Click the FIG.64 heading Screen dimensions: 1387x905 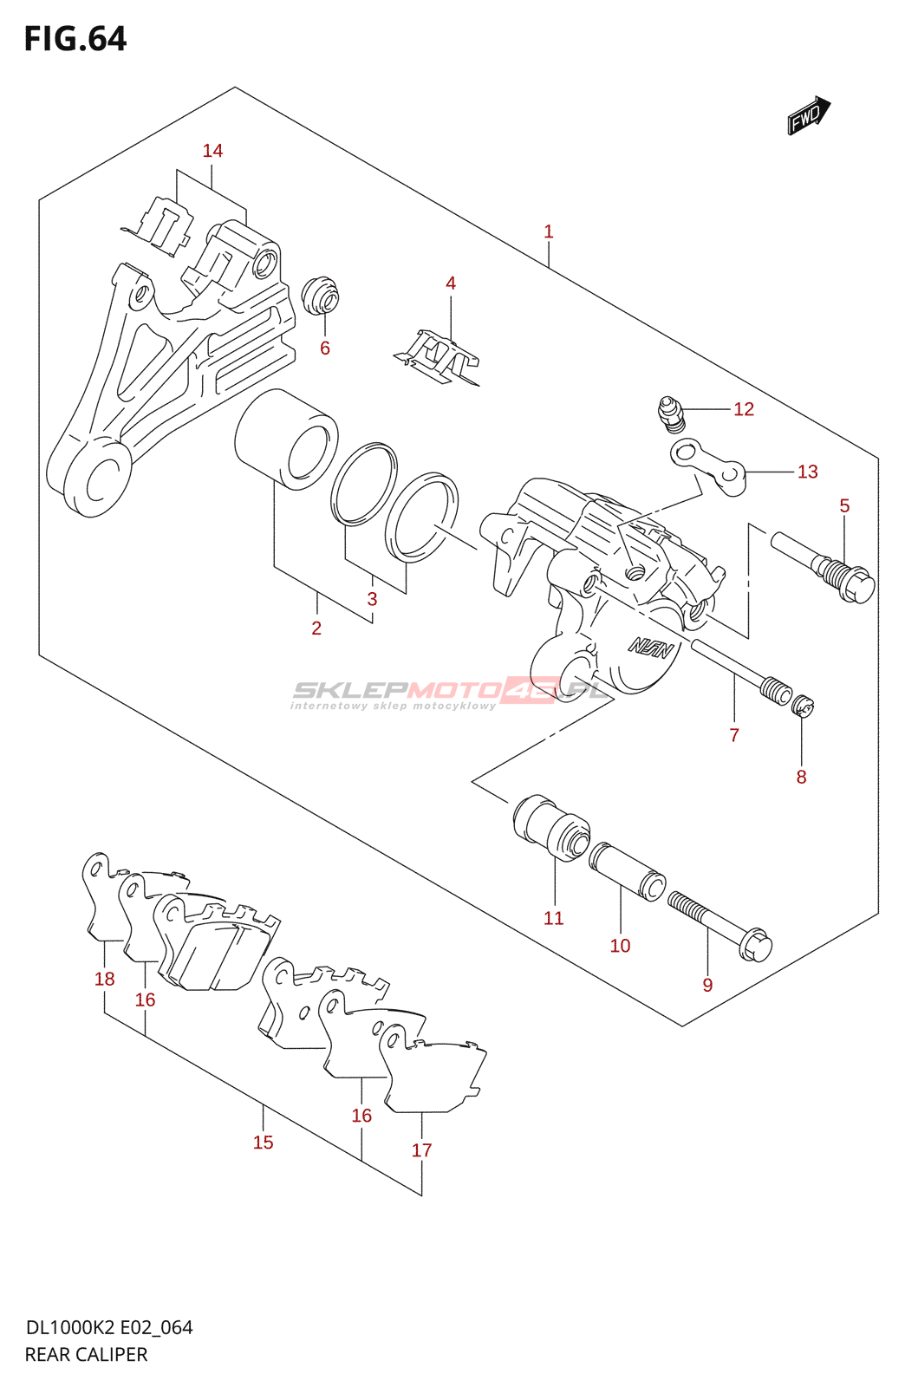point(75,39)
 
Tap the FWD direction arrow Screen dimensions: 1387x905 point(808,115)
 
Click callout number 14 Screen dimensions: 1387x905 point(212,151)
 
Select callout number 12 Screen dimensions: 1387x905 point(744,409)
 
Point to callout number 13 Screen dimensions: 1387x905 point(807,472)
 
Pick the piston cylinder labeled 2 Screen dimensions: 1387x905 point(286,439)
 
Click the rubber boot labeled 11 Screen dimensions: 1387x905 point(551,827)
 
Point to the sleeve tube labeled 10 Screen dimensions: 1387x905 point(627,872)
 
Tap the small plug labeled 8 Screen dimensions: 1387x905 point(804,707)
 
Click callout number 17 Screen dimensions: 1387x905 point(421,1150)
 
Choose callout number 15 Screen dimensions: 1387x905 point(263,1143)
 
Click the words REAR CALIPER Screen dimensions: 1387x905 point(86,1354)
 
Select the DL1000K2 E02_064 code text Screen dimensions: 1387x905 point(109,1327)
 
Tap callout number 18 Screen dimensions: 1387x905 point(104,979)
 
